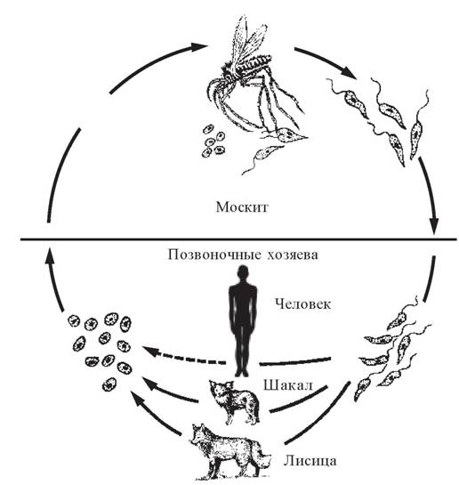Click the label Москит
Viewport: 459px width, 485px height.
click(242, 207)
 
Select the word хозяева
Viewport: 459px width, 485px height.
click(292, 255)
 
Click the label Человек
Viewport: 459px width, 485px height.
click(303, 303)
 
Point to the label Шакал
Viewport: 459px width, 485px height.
click(288, 385)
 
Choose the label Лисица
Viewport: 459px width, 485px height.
click(310, 461)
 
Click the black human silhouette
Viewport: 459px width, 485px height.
click(243, 321)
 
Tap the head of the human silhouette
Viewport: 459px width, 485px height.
click(243, 273)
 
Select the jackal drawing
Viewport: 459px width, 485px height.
click(234, 402)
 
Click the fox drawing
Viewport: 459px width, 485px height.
click(230, 451)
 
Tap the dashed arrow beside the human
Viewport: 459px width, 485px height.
click(184, 357)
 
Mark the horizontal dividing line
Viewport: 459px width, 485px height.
click(238, 239)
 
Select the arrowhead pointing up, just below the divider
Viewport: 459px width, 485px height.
click(50, 255)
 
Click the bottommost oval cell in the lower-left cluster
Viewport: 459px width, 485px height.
click(109, 384)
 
